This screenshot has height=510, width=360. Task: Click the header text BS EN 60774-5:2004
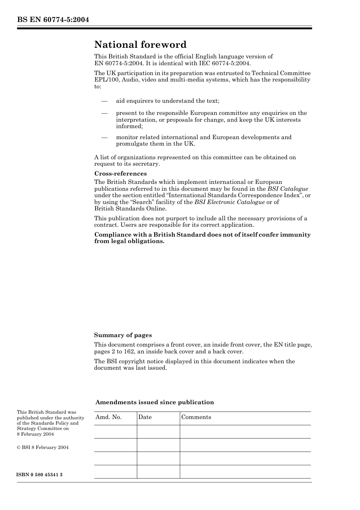[x=53, y=19]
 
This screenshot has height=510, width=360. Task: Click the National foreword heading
[x=140, y=45]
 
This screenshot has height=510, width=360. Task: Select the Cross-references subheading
[x=121, y=174]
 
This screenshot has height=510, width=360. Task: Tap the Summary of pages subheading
[x=123, y=335]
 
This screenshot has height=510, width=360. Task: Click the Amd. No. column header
[x=108, y=417]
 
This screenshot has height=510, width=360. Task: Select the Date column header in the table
[x=145, y=417]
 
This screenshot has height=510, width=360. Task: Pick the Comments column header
[x=196, y=417]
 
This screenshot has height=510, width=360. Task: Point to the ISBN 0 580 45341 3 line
[x=39, y=475]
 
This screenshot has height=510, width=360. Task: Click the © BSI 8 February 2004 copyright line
[x=42, y=447]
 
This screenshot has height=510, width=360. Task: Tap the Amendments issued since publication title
[x=155, y=402]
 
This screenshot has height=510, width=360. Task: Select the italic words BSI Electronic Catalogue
[x=229, y=202]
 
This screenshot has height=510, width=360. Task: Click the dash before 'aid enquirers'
[x=104, y=101]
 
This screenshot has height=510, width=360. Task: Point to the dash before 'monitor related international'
[x=104, y=138]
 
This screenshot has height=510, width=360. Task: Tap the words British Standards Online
[x=130, y=209]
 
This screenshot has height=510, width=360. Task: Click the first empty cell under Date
[x=158, y=432]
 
